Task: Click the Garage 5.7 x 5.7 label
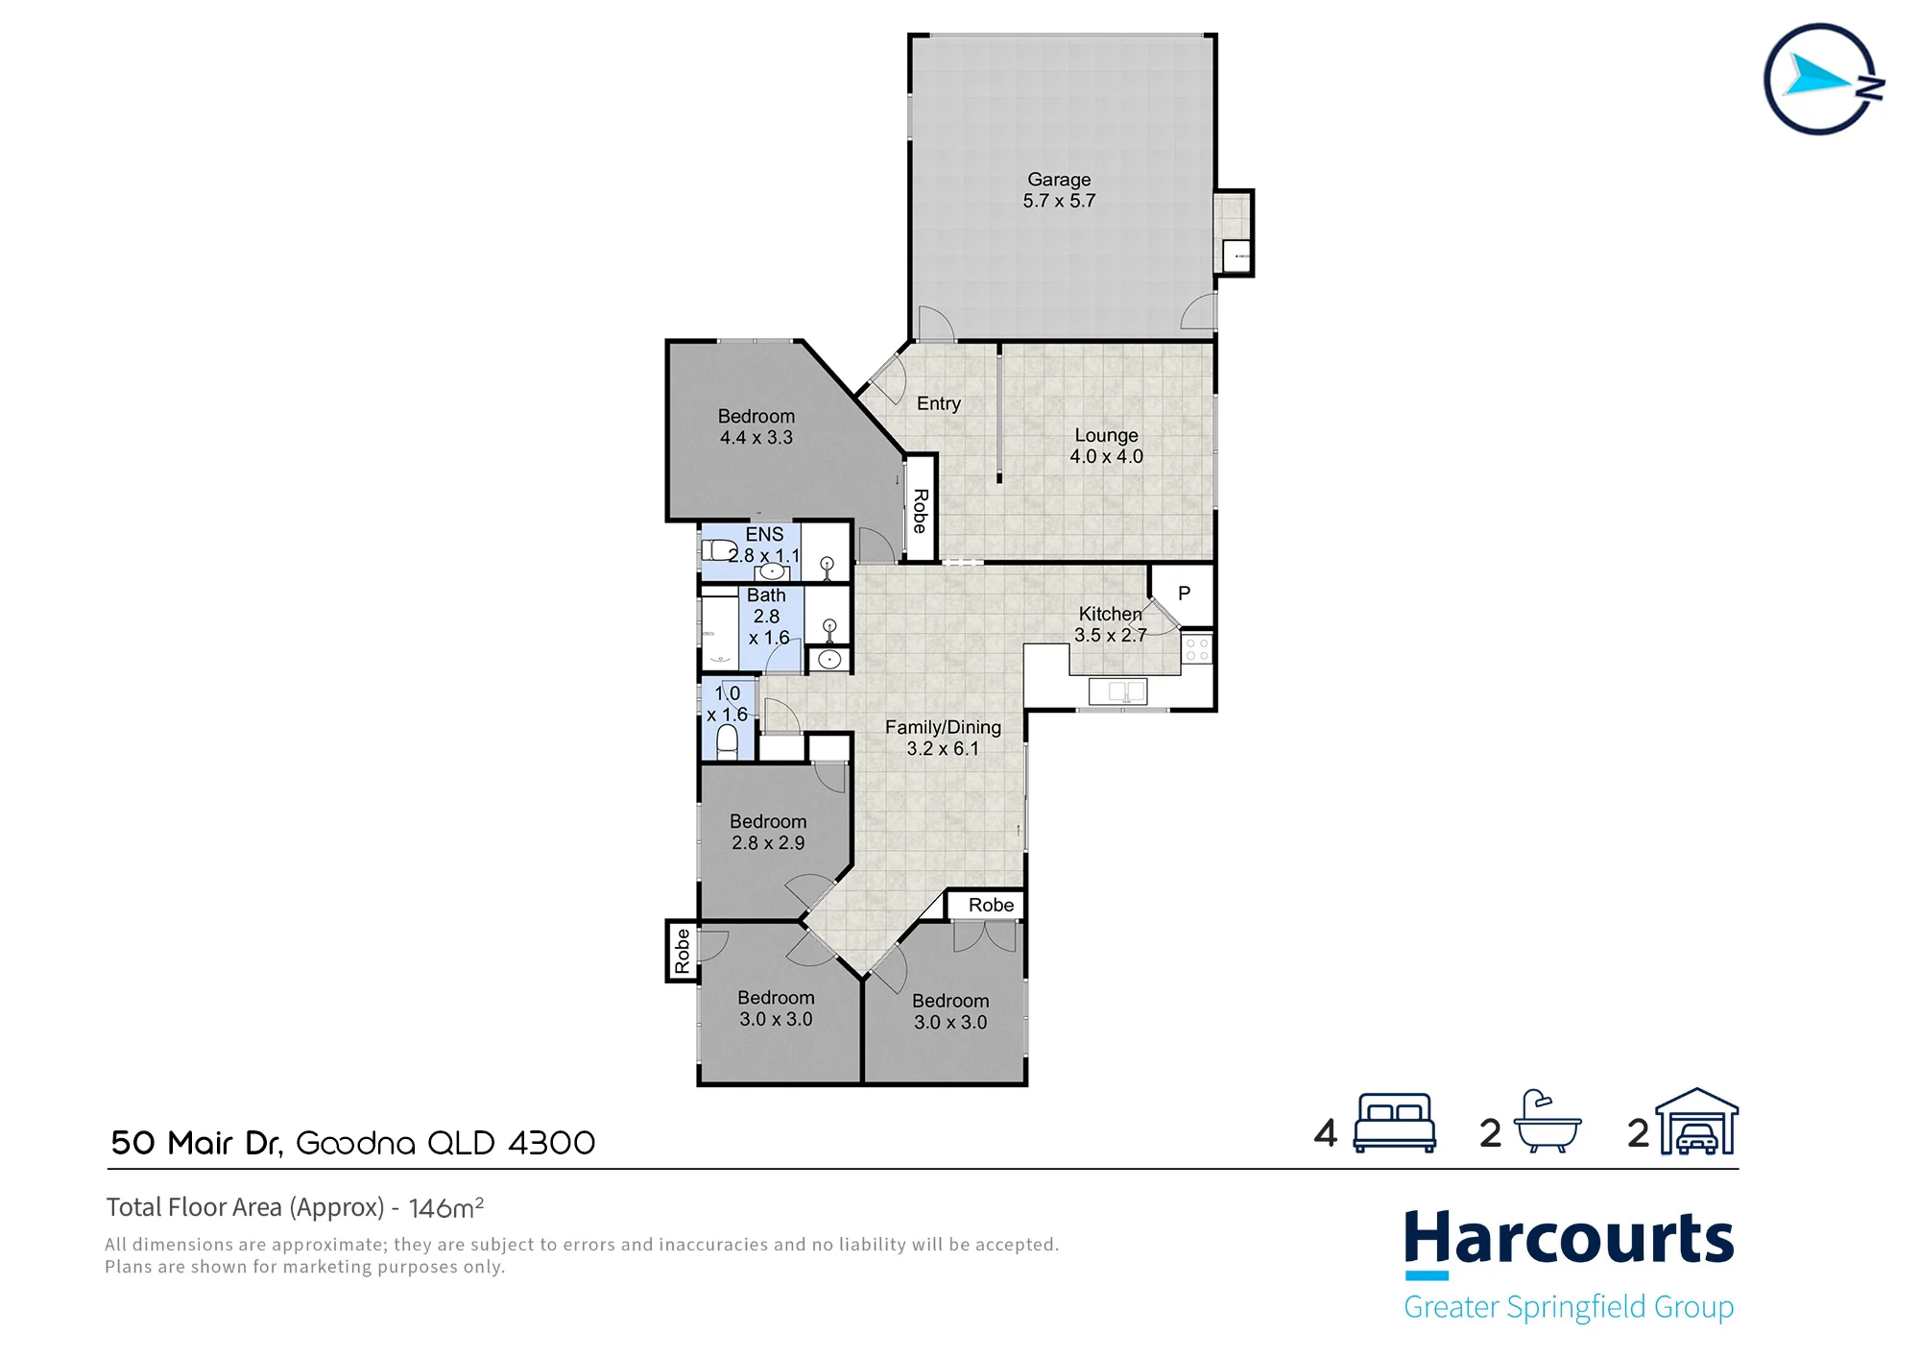[1059, 190]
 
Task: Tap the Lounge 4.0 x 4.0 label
[1106, 446]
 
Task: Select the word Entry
[938, 403]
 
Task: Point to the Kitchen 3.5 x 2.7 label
[1110, 624]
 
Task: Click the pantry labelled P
[1184, 594]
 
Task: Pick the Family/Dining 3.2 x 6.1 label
[943, 738]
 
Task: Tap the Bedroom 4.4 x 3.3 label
[756, 426]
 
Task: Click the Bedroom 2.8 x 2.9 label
[768, 832]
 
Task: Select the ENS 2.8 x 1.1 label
[764, 545]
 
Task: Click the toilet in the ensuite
[718, 550]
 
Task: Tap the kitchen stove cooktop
[1197, 649]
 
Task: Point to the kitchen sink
[1117, 691]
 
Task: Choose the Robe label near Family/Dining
[991, 905]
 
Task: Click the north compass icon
[1822, 80]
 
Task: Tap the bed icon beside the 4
[1394, 1123]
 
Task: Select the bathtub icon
[1547, 1122]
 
